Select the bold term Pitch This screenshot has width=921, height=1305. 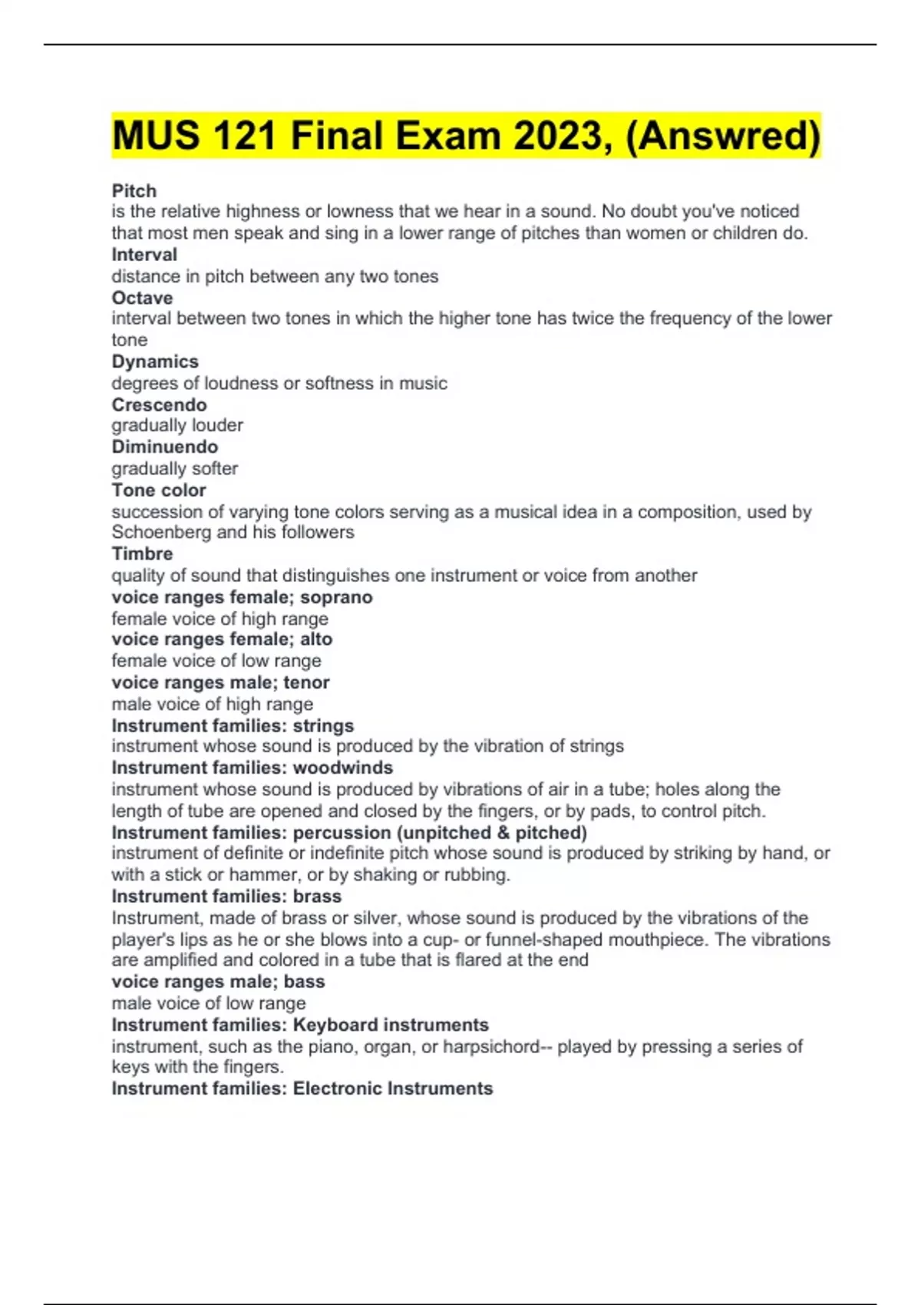[134, 190]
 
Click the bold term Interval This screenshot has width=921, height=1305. [144, 254]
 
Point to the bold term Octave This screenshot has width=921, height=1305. [142, 297]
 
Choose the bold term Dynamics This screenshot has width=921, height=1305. [155, 361]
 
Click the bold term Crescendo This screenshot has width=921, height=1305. [159, 405]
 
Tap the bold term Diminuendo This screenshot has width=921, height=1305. [165, 447]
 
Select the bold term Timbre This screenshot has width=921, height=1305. [142, 553]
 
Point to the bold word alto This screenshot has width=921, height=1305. [316, 639]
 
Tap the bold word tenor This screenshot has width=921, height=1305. [306, 682]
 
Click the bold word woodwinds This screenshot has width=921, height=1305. [343, 768]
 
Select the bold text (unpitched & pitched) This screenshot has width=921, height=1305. [491, 832]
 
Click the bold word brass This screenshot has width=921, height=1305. [317, 896]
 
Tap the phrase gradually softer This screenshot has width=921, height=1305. [175, 468]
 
